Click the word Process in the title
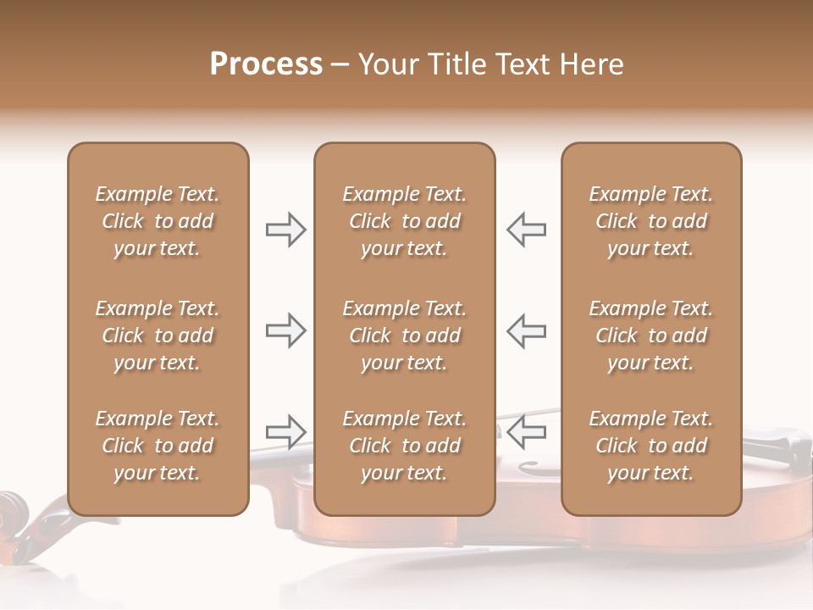click(x=266, y=64)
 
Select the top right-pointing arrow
click(x=286, y=230)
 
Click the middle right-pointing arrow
click(x=286, y=330)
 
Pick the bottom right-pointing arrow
click(x=286, y=431)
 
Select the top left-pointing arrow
click(x=527, y=230)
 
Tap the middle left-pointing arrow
click(x=527, y=330)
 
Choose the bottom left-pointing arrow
click(x=527, y=431)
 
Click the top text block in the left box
click(x=158, y=221)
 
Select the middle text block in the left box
click(x=158, y=335)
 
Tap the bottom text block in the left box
click(x=158, y=446)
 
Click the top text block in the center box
click(x=404, y=221)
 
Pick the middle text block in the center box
click(x=404, y=335)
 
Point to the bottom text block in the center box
click(x=404, y=446)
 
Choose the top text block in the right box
click(x=650, y=221)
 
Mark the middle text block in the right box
click(x=650, y=335)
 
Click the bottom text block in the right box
click(x=650, y=446)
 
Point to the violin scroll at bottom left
click(x=14, y=510)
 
